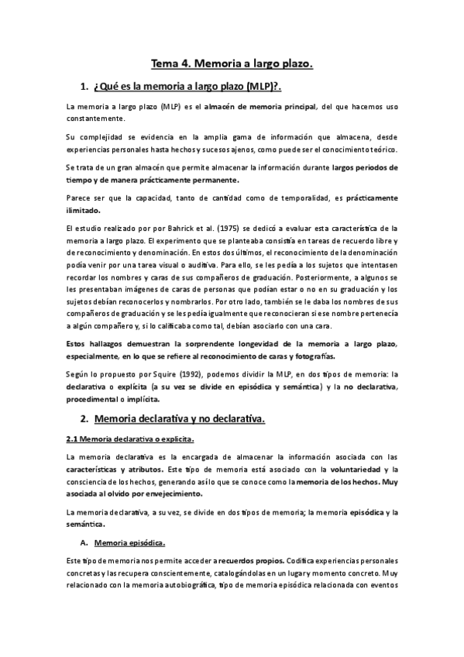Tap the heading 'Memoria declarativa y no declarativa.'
click(x=179, y=419)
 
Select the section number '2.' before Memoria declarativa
click(x=84, y=419)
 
